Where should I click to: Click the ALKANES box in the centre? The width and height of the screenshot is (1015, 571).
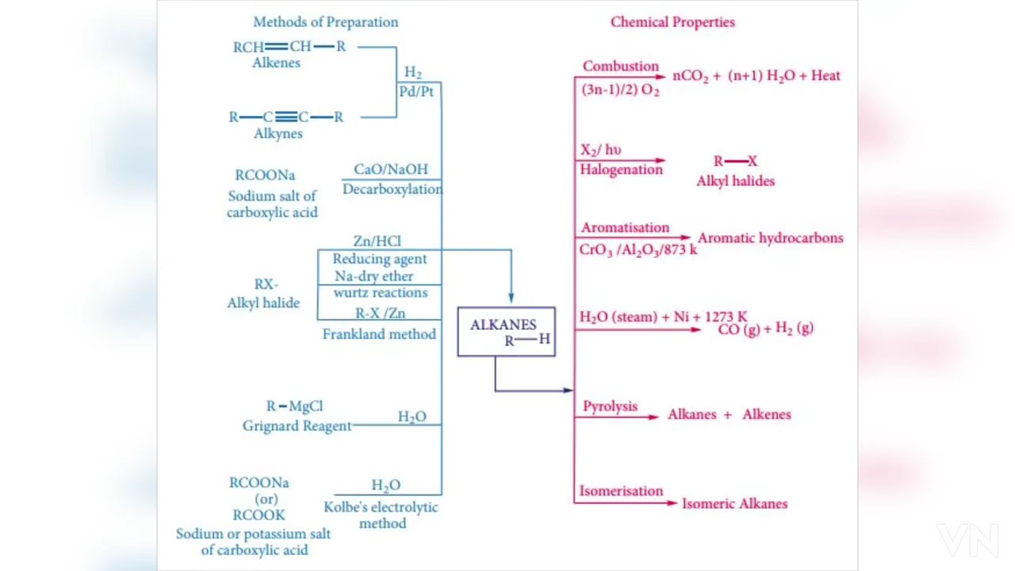[x=506, y=331]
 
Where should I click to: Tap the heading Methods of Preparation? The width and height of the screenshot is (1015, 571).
[x=325, y=22]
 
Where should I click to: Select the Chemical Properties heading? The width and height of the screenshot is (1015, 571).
[x=672, y=22]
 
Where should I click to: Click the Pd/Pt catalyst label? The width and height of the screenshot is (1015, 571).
[x=416, y=92]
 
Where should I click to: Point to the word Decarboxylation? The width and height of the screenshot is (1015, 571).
[x=393, y=190]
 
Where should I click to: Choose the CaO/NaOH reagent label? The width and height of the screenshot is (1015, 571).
[x=390, y=169]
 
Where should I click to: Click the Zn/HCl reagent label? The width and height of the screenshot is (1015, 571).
[x=377, y=241]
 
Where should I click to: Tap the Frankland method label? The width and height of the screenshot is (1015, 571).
[x=379, y=335]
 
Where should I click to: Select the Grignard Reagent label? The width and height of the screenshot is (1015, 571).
[x=297, y=426]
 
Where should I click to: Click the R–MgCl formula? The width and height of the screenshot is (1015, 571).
[x=294, y=407]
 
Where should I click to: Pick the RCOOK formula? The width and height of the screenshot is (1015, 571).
[x=259, y=515]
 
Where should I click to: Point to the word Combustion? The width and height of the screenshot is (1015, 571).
[x=620, y=67]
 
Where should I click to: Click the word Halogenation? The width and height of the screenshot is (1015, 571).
[x=621, y=170]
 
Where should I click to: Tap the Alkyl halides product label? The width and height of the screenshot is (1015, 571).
[x=735, y=182]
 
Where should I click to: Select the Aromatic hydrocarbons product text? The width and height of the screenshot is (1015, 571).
[x=770, y=238]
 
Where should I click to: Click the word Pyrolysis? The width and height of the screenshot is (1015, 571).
[x=610, y=407]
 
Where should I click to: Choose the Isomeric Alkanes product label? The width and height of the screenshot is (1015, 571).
[x=734, y=504]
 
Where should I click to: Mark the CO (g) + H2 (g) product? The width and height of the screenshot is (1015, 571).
[x=765, y=329]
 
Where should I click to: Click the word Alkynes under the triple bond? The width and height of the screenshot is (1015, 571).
[x=278, y=134]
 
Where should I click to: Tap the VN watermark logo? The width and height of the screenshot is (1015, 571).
[x=967, y=541]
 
